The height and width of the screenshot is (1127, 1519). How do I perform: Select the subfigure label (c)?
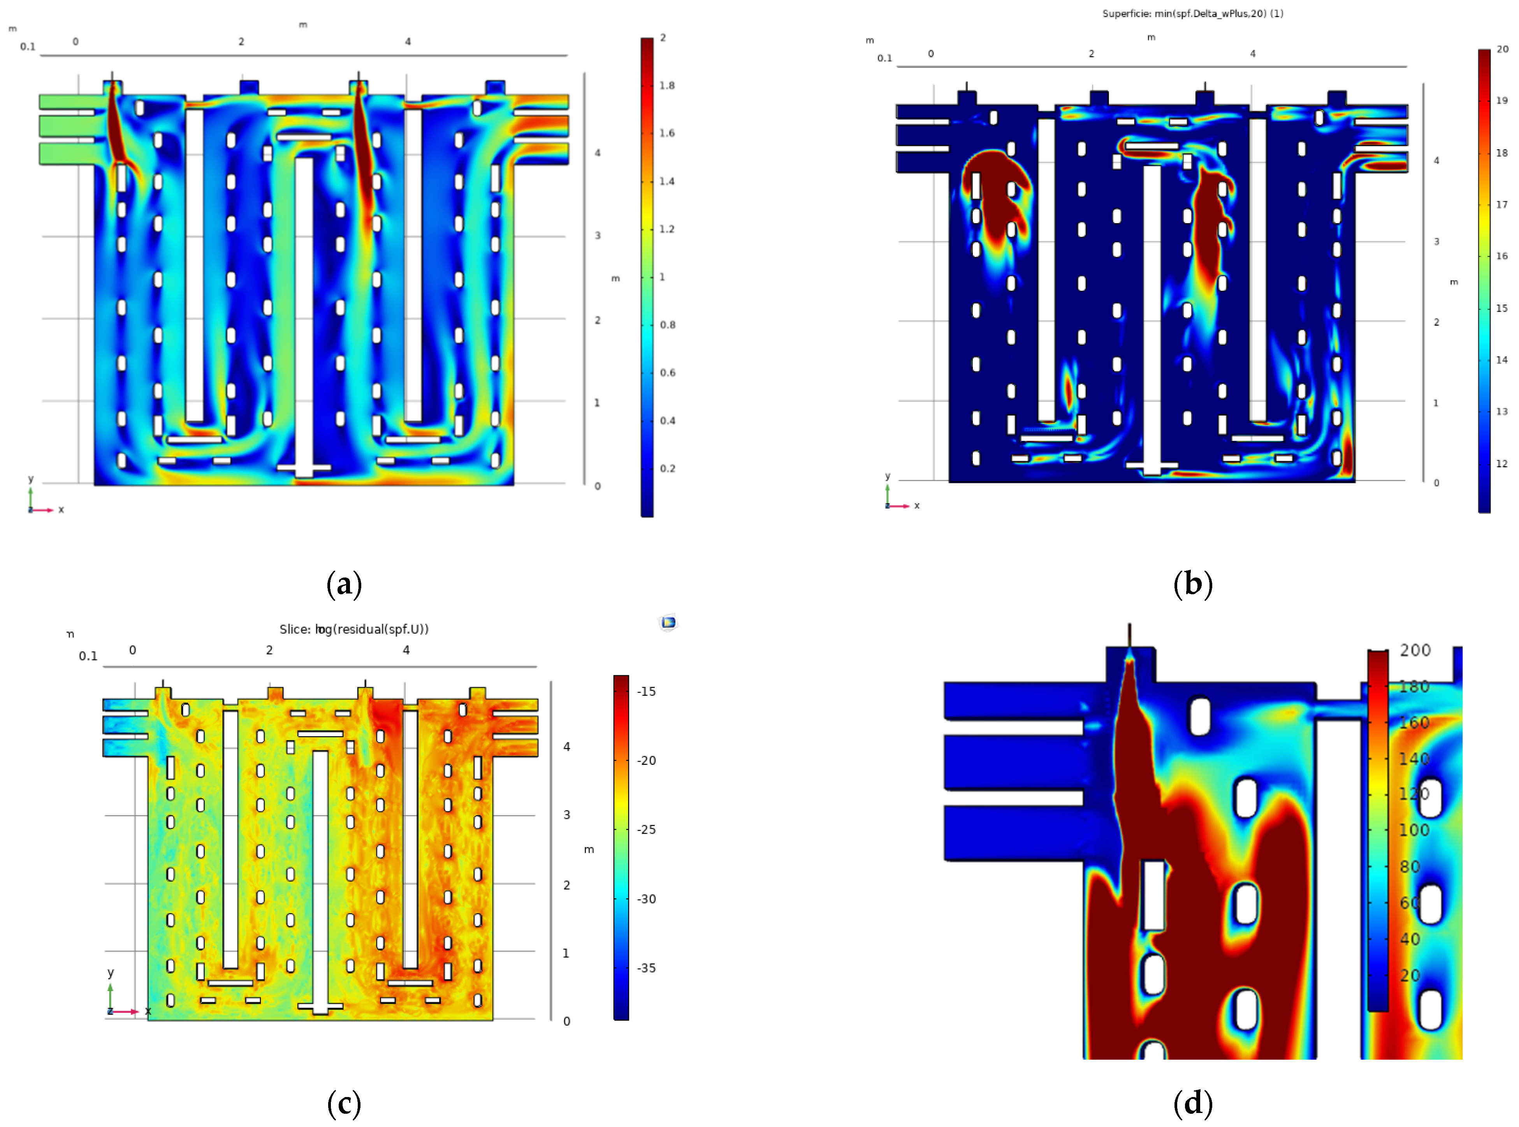point(344,1104)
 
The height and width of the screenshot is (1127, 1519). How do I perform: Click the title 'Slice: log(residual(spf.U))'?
point(354,629)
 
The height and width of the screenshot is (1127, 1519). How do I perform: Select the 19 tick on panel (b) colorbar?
point(1501,101)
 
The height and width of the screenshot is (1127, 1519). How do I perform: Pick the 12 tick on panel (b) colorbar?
point(1501,464)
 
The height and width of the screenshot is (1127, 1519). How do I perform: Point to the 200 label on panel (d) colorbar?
point(1415,650)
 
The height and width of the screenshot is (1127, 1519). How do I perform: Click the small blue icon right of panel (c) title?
point(668,622)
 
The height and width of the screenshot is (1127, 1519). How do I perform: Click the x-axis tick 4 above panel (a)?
point(408,42)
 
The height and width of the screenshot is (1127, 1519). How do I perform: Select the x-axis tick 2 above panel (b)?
point(1091,54)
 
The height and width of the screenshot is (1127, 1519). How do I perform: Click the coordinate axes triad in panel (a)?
point(40,502)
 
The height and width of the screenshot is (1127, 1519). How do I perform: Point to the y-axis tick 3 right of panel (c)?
point(566,815)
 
